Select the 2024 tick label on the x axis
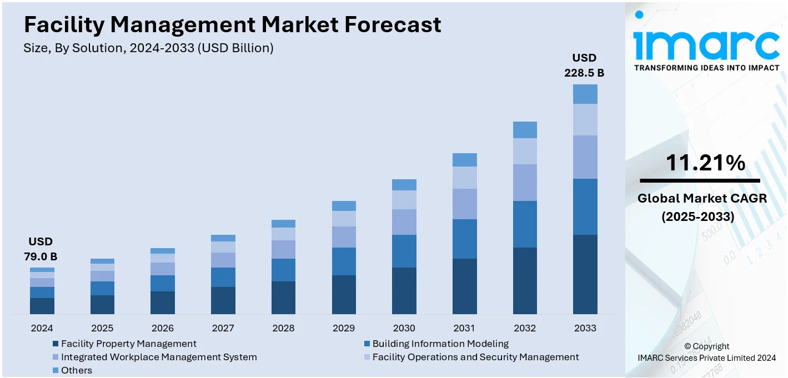[42, 328]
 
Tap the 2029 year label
[344, 328]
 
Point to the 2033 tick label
[585, 328]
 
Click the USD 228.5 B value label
[584, 65]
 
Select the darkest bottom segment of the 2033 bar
[585, 274]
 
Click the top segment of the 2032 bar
[525, 130]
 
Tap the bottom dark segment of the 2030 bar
[404, 290]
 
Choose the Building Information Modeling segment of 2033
[585, 206]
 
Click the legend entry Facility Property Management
[128, 344]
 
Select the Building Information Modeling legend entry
[440, 344]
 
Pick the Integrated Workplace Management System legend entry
[158, 357]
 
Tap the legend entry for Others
[76, 370]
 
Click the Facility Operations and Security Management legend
[475, 357]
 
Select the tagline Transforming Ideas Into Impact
[706, 68]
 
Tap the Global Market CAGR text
[702, 198]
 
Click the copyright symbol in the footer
[687, 346]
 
